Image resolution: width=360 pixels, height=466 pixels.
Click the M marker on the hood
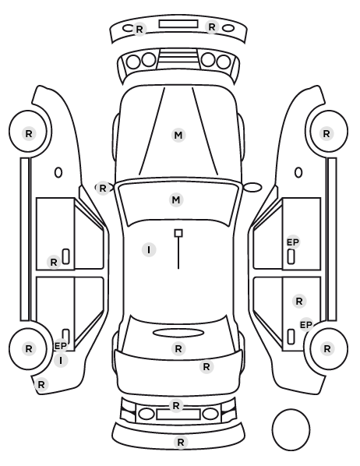click(x=178, y=136)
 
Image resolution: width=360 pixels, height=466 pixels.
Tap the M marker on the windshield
click(x=176, y=199)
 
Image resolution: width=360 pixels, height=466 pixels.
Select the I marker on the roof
click(x=149, y=250)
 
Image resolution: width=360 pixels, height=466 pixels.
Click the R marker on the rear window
click(x=178, y=348)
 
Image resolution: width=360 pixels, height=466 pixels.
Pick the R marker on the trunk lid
click(x=206, y=367)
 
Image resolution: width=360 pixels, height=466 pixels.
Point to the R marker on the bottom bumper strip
click(x=181, y=442)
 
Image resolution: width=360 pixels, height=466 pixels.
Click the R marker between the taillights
click(x=176, y=406)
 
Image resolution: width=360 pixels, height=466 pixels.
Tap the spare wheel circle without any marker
click(x=291, y=429)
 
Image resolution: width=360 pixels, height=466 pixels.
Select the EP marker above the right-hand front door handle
click(x=293, y=242)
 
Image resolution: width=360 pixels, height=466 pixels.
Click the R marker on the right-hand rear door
click(x=299, y=302)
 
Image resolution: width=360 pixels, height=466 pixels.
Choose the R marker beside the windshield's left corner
click(x=103, y=188)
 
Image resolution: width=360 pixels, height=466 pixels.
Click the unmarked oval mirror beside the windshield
click(x=252, y=187)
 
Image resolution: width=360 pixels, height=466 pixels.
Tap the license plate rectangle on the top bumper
click(x=178, y=24)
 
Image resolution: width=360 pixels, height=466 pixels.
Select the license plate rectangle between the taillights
click(x=178, y=415)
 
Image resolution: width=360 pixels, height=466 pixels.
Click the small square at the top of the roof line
click(x=178, y=233)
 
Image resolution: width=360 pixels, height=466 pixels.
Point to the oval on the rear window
click(x=178, y=334)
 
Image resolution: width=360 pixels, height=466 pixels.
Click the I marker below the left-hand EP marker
click(x=61, y=361)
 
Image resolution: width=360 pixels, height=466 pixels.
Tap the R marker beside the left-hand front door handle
click(x=54, y=263)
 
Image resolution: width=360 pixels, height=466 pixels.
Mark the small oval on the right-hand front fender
click(x=298, y=173)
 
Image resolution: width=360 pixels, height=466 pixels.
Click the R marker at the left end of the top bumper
click(x=139, y=30)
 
